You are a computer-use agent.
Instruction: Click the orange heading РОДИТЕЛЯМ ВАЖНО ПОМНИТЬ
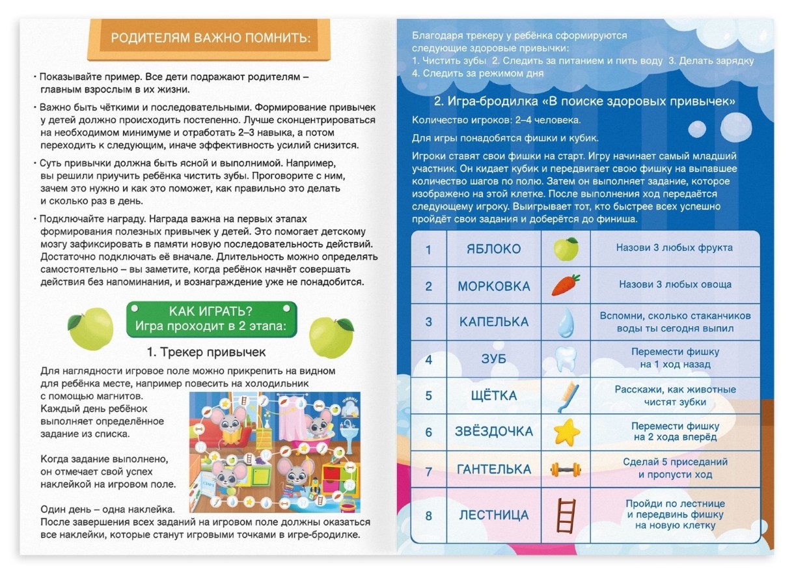click(x=211, y=38)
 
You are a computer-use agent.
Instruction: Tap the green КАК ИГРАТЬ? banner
click(x=211, y=317)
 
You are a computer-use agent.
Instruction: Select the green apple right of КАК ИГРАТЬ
click(x=331, y=336)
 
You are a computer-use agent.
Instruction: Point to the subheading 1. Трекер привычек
click(x=206, y=352)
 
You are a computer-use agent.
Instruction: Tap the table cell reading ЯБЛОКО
click(x=494, y=249)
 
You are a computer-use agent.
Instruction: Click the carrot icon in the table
click(x=566, y=285)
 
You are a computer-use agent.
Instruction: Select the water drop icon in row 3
click(x=566, y=321)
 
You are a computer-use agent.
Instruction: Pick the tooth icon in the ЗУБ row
click(x=566, y=358)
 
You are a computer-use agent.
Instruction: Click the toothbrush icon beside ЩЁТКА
click(x=566, y=395)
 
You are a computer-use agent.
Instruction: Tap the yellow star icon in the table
click(x=566, y=431)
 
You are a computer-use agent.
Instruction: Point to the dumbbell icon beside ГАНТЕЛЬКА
click(x=566, y=468)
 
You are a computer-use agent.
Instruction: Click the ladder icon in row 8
click(x=566, y=514)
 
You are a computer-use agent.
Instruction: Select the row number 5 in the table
click(x=428, y=395)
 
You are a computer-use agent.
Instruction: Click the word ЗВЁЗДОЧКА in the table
click(x=494, y=432)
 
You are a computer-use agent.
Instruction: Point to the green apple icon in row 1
click(x=566, y=249)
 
